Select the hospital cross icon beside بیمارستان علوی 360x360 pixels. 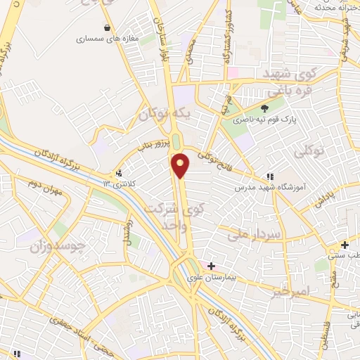(x=211, y=266)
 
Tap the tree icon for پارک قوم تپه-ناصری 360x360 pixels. (x=264, y=108)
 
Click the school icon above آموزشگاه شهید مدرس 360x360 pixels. (x=269, y=176)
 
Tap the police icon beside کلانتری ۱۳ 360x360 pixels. (x=118, y=173)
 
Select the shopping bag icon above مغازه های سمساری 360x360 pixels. (x=106, y=28)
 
